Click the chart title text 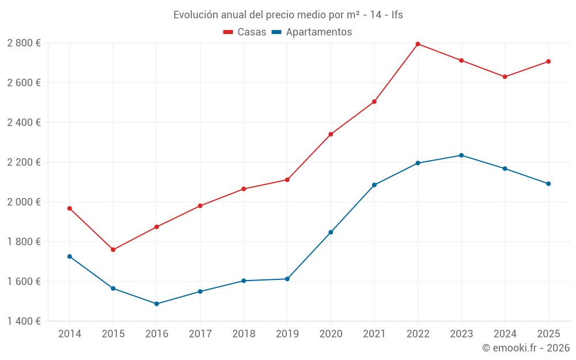pos(288,14)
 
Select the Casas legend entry pos(245,32)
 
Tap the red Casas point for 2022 pos(418,44)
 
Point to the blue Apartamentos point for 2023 pos(461,155)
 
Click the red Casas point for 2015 pos(113,249)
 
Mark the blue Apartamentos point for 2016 pos(157,304)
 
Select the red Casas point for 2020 pos(331,134)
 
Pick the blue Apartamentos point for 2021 pos(374,185)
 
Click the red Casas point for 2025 pos(548,61)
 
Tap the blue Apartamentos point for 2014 pos(70,256)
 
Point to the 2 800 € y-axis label pos(24,43)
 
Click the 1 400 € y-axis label pos(24,321)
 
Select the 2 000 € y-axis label pos(24,202)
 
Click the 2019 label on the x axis pos(287,334)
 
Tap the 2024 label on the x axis pos(505,334)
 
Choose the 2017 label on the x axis pos(200,334)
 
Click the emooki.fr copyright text pos(525,348)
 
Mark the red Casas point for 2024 pos(505,77)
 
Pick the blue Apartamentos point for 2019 pos(287,279)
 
